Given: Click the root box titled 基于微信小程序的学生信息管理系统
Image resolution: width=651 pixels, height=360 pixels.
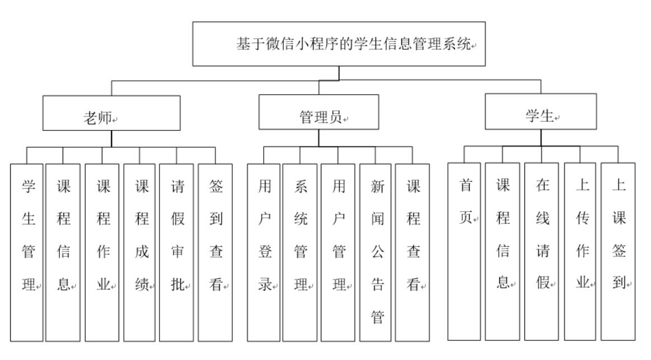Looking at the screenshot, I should pos(339,44).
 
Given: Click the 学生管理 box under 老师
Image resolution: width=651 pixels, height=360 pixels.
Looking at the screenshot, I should pos(27,252).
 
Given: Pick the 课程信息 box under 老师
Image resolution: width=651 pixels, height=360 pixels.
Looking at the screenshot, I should pos(63,252).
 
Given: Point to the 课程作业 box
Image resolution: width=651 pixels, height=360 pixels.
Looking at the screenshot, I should pos(102,252).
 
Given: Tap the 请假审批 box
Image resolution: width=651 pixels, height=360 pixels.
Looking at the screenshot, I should pos(176,252).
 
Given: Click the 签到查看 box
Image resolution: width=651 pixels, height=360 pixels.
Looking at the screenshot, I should pos(215,252).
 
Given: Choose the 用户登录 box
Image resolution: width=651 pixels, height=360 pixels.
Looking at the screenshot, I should pos(264,252).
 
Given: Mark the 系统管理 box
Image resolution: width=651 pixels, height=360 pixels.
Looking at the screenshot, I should pos(300,252).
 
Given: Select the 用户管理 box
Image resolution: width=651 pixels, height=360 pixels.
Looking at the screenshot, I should pos(338,252).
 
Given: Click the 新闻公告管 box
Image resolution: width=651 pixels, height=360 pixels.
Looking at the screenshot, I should pos(376,252).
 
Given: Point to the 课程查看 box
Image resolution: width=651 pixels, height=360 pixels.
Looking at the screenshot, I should pos(413,252).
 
